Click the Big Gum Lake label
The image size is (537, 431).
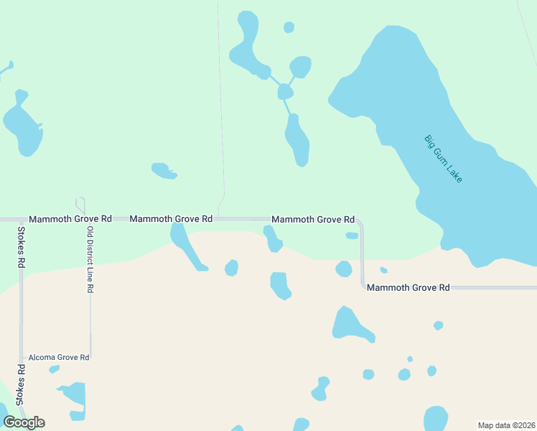coord(443,158)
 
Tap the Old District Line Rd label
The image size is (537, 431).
coord(90,259)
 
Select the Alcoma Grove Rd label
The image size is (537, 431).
coord(59,357)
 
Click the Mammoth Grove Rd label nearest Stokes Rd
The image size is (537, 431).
coord(70,218)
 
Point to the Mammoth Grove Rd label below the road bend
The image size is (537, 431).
coord(408,287)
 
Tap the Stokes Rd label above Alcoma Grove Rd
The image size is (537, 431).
coord(21,248)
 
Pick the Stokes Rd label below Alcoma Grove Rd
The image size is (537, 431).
coord(22,384)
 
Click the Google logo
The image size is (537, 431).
coord(24,422)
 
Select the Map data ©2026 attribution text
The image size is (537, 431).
coord(506,425)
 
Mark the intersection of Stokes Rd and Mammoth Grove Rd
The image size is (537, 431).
coord(21,218)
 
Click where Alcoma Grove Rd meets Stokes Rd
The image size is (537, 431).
coord(22,357)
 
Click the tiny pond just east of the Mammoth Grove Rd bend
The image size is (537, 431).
coord(383,270)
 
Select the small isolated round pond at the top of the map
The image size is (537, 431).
coord(289,27)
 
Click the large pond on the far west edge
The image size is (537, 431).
coord(22,126)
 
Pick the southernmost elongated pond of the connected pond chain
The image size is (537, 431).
coord(297,142)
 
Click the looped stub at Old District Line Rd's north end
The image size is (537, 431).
coord(80,204)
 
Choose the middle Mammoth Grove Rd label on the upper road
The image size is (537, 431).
coord(171,218)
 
